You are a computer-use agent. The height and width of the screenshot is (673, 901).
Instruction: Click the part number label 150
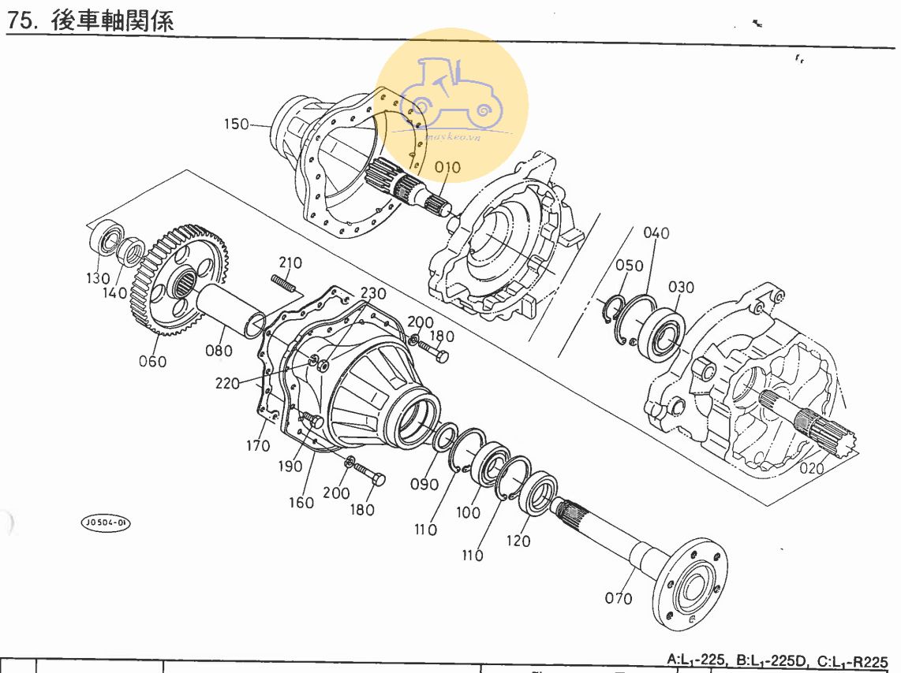[236, 125]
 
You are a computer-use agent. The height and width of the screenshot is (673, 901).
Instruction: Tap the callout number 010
[447, 168]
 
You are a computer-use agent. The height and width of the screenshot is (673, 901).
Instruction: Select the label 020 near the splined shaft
[811, 469]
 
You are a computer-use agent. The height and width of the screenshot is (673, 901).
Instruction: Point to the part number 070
[619, 598]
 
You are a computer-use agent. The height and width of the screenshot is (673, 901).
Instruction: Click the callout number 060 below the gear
[152, 361]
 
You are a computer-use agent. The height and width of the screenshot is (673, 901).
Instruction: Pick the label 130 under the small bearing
[99, 278]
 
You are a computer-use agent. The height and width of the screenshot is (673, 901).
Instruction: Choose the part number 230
[373, 294]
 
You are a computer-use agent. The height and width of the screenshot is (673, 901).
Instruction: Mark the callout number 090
[424, 484]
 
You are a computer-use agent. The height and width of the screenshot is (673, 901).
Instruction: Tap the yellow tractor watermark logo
[451, 95]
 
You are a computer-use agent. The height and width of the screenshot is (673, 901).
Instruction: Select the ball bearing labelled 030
[661, 331]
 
